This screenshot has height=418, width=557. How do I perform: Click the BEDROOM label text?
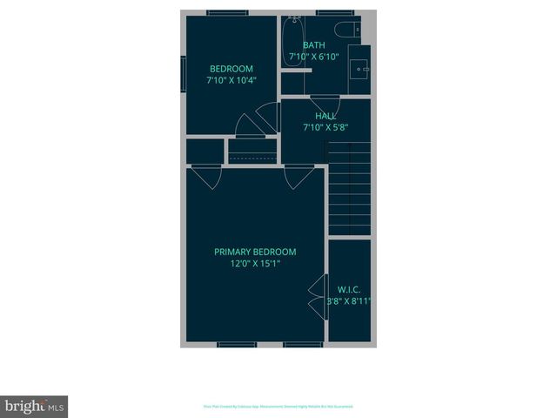(x=231, y=69)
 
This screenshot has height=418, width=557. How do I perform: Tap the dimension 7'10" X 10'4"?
(x=231, y=80)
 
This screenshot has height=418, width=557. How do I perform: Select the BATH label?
(x=314, y=45)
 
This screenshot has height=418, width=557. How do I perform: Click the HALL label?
(x=325, y=116)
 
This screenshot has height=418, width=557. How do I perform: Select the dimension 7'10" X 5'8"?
(x=325, y=127)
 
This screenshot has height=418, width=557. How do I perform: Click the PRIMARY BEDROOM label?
(x=255, y=253)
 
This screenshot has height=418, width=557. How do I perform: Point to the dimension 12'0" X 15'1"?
(x=255, y=263)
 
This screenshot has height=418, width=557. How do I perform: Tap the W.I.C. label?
(x=348, y=289)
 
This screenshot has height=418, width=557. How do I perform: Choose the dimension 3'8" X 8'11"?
(x=348, y=301)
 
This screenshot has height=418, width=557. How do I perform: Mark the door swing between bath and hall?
(x=325, y=100)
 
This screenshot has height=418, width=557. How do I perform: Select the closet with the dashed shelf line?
(x=253, y=152)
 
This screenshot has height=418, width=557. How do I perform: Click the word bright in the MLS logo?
(x=24, y=406)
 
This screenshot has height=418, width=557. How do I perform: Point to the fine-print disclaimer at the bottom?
(x=278, y=406)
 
